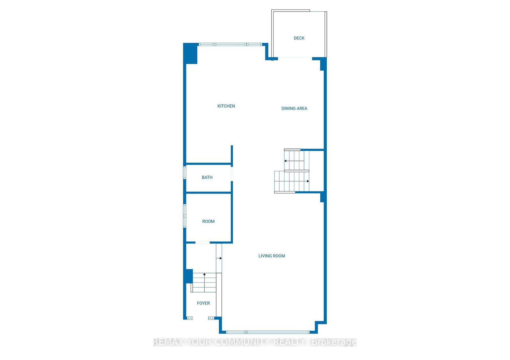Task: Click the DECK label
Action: [299, 38]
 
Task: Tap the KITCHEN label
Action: [226, 106]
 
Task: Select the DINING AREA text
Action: [294, 109]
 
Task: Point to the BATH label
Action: [207, 177]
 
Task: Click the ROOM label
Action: [208, 221]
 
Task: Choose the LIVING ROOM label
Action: [272, 256]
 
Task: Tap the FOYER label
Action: [203, 303]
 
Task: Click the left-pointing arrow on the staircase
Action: [286, 161]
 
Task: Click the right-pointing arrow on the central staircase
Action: [308, 181]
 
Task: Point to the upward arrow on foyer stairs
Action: [204, 274]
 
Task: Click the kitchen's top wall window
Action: [230, 45]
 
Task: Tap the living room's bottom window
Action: [268, 332]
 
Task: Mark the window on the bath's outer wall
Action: [185, 172]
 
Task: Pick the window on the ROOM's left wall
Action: [185, 216]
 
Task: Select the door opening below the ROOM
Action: [202, 243]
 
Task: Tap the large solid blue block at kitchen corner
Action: [191, 54]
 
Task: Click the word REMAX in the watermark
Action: [168, 342]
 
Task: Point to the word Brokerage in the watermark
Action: [334, 342]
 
